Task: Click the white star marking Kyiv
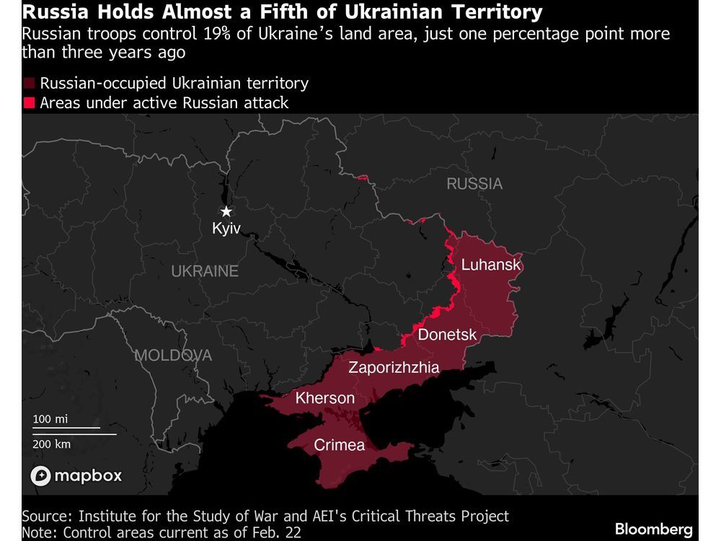226,211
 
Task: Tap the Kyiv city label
226,229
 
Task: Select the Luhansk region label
490,265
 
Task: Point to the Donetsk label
447,335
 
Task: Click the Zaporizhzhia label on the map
394,368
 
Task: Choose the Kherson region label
325,398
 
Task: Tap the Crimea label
339,445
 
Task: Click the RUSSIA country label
474,184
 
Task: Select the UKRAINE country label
205,271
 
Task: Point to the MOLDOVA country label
173,356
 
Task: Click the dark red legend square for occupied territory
29,84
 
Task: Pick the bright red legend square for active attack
29,103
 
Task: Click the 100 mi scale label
50,419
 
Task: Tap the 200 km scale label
52,444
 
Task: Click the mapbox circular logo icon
40,476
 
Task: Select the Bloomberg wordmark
654,529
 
